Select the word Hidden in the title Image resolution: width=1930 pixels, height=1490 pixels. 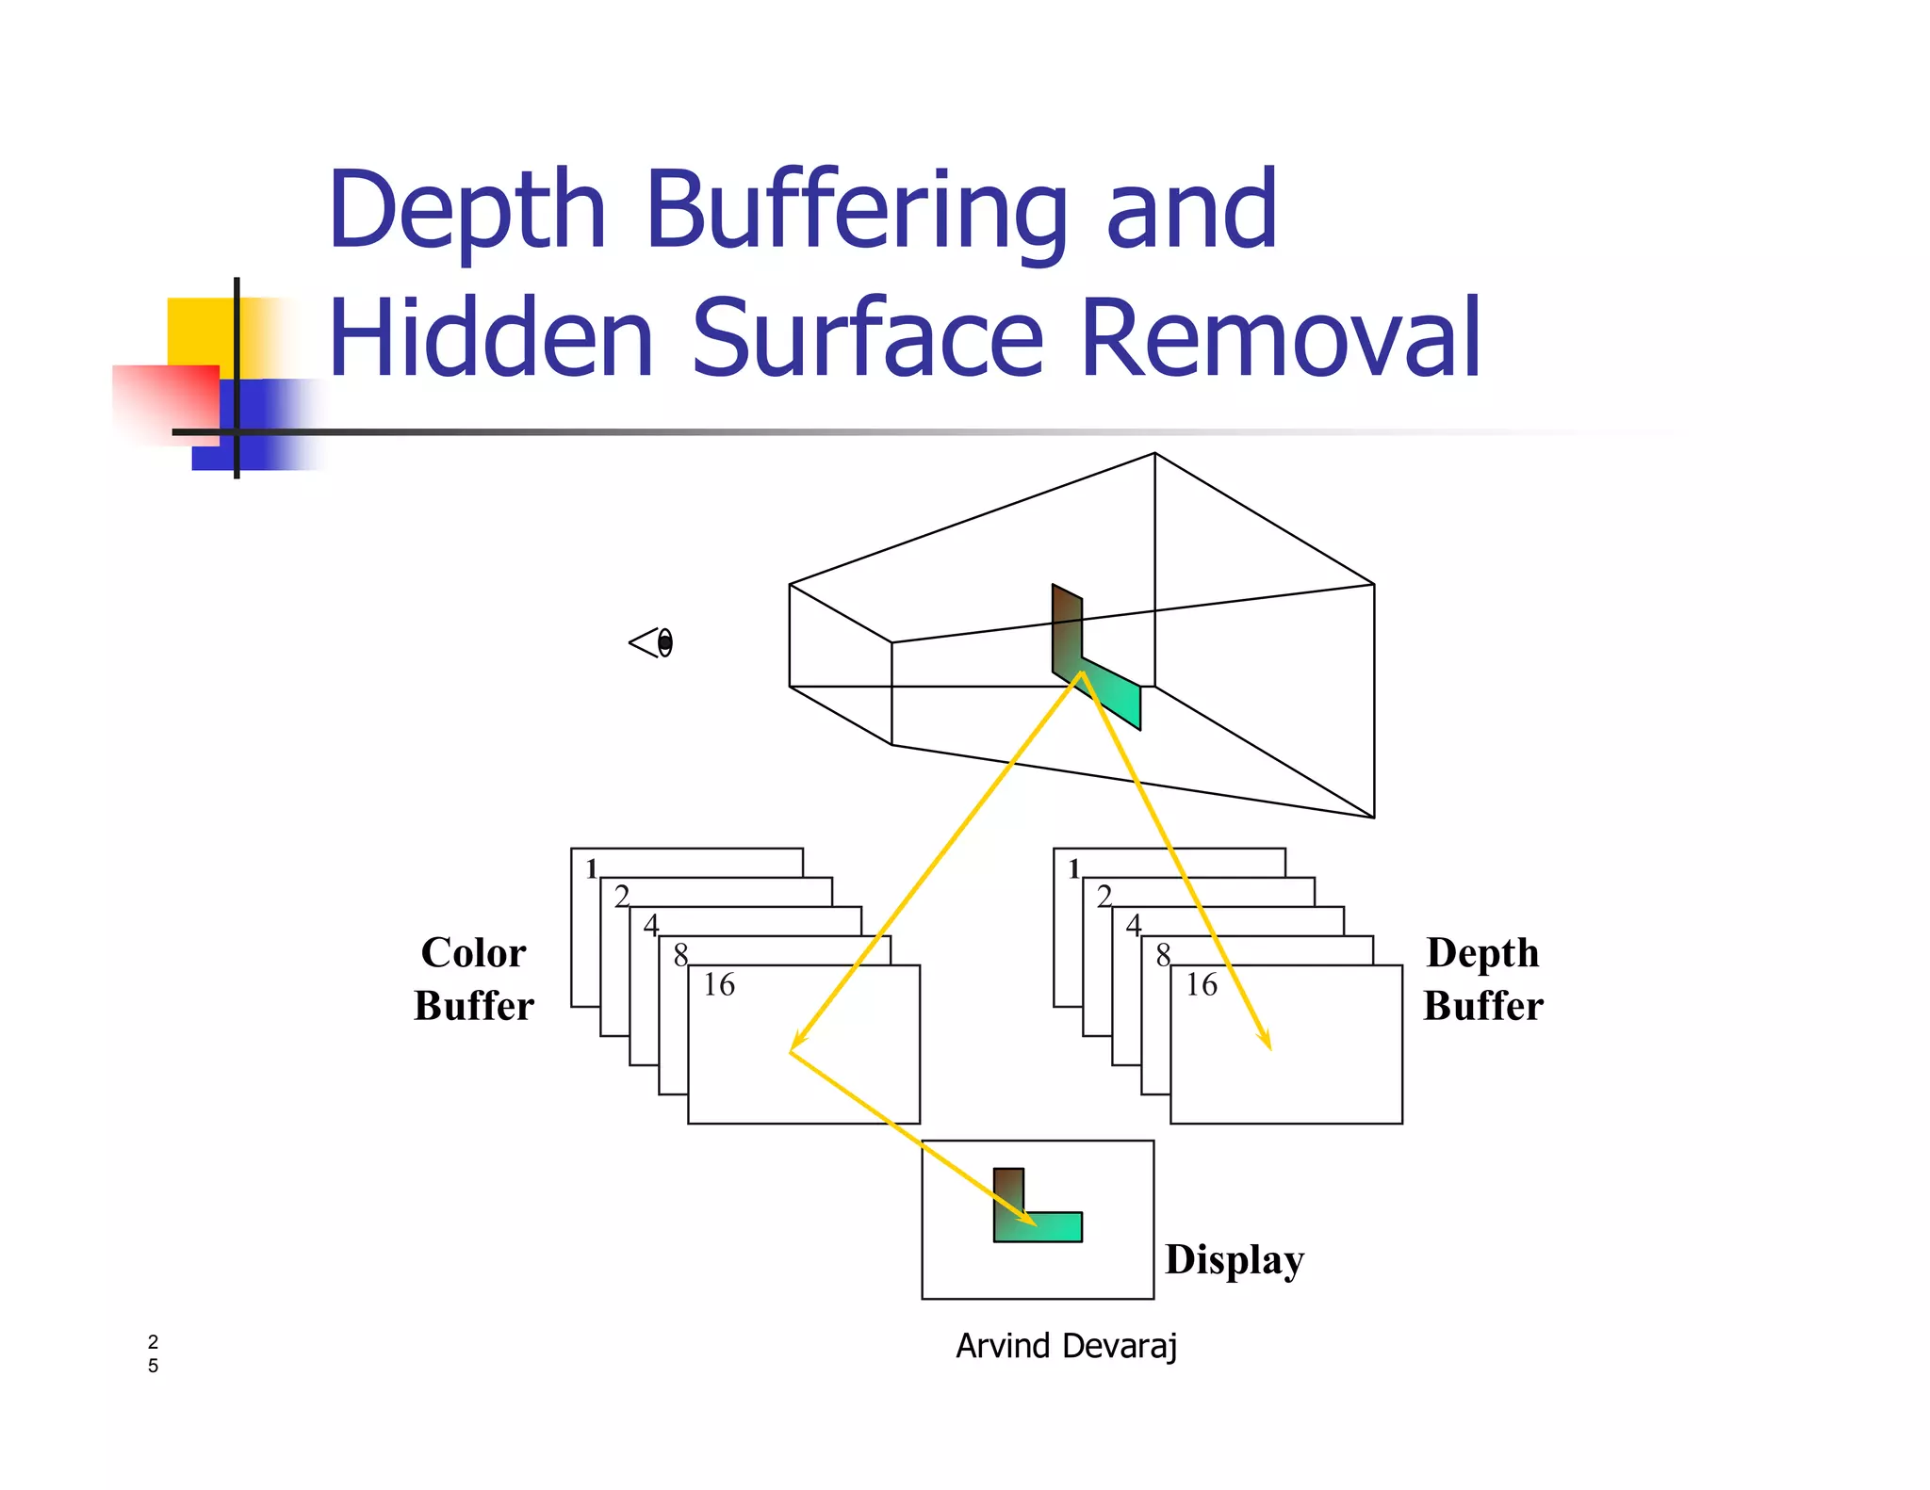tap(491, 339)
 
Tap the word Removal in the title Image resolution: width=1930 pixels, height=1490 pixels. tap(1281, 339)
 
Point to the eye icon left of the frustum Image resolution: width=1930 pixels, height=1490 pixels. tap(652, 643)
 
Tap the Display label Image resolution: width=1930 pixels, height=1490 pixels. tap(1235, 1260)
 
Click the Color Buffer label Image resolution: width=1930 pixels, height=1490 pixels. tap(474, 979)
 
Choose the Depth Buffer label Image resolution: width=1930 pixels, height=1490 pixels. tap(1483, 979)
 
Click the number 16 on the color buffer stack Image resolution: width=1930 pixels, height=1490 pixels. tap(718, 985)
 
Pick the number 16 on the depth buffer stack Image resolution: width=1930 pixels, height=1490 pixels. tap(1201, 985)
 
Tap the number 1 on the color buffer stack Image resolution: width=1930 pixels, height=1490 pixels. tap(591, 868)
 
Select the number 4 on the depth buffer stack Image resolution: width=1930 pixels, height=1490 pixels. tap(1134, 926)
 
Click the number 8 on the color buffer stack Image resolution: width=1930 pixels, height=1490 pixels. tap(680, 955)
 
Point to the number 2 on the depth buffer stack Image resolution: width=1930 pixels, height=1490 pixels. tap(1104, 896)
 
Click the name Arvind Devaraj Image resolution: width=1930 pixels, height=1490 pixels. tap(1066, 1346)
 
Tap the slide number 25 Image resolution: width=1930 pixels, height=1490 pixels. tap(153, 1353)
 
